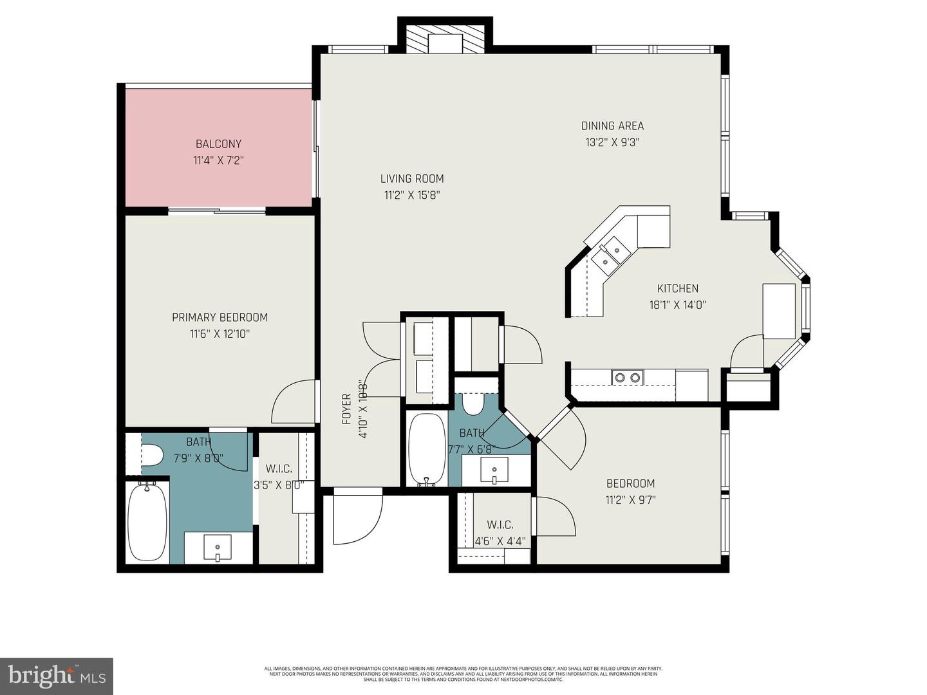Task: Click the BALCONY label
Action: (218, 144)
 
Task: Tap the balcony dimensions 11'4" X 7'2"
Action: (218, 160)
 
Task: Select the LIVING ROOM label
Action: (411, 178)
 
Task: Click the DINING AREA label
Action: (612, 125)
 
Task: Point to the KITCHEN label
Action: (677, 288)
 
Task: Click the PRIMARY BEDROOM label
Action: (220, 317)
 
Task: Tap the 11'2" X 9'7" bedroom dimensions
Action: (630, 499)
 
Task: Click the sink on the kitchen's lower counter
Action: (627, 378)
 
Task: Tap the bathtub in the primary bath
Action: (147, 521)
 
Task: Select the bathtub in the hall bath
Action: (426, 449)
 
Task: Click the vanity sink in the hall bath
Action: (494, 470)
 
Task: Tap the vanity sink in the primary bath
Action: (218, 548)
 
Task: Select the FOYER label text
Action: (346, 409)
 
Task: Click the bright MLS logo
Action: (57, 676)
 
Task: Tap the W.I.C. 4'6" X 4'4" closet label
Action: (500, 533)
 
